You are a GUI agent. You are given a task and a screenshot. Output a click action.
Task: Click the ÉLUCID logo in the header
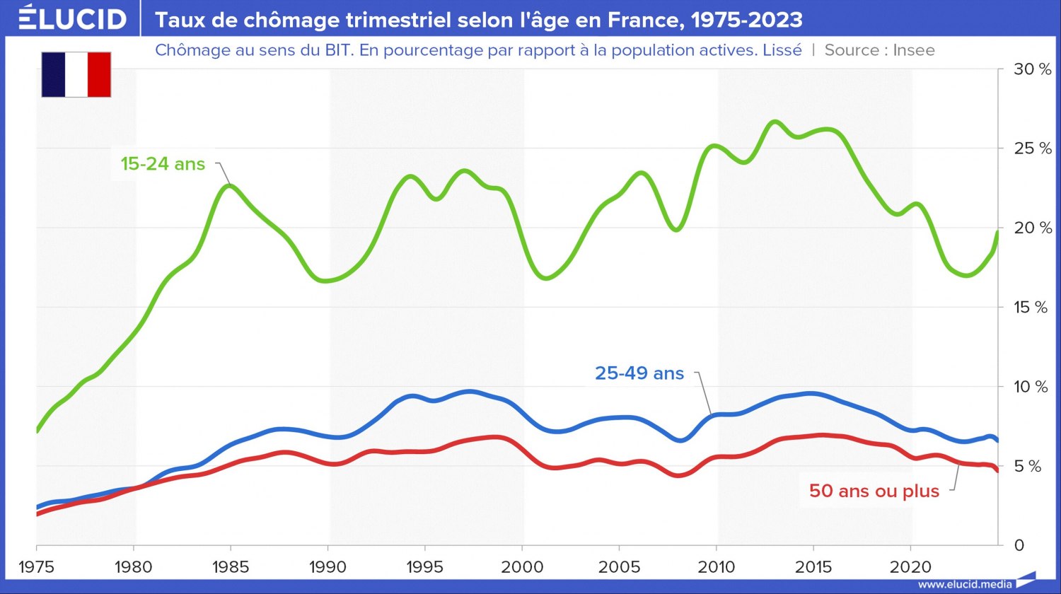click(x=72, y=18)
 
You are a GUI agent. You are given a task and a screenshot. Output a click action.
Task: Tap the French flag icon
click(x=76, y=74)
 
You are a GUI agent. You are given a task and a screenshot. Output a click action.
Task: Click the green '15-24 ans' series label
click(x=163, y=164)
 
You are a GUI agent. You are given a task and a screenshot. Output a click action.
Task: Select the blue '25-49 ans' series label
click(x=639, y=373)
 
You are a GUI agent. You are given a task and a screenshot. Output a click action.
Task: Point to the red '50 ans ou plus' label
click(x=874, y=491)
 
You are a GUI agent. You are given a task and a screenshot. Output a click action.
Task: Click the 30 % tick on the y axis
click(x=1033, y=69)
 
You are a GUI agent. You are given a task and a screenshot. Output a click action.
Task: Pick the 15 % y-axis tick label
click(x=1031, y=308)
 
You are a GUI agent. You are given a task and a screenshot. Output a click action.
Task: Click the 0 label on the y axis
click(x=1019, y=545)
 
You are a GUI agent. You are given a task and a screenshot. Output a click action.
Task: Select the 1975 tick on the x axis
click(x=36, y=567)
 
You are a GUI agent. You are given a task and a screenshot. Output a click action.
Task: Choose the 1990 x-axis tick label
click(x=327, y=567)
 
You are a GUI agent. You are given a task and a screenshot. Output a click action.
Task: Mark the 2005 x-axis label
click(x=619, y=567)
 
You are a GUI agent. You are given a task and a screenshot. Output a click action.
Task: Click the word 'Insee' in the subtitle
click(x=914, y=50)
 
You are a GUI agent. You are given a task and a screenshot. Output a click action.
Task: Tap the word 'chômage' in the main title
click(x=287, y=20)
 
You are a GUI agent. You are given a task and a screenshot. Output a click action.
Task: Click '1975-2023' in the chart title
click(x=746, y=20)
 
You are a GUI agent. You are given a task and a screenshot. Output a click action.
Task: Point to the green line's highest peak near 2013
click(x=775, y=122)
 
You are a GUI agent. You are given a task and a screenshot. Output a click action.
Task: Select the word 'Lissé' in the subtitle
click(x=782, y=50)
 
